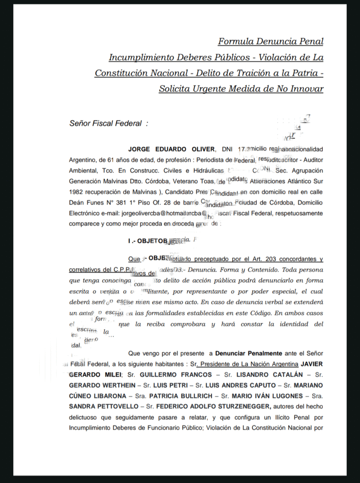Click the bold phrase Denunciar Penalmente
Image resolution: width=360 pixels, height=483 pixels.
click(248, 353)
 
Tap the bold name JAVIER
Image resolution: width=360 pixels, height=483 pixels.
click(312, 364)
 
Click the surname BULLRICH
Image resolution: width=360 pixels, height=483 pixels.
click(188, 396)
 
